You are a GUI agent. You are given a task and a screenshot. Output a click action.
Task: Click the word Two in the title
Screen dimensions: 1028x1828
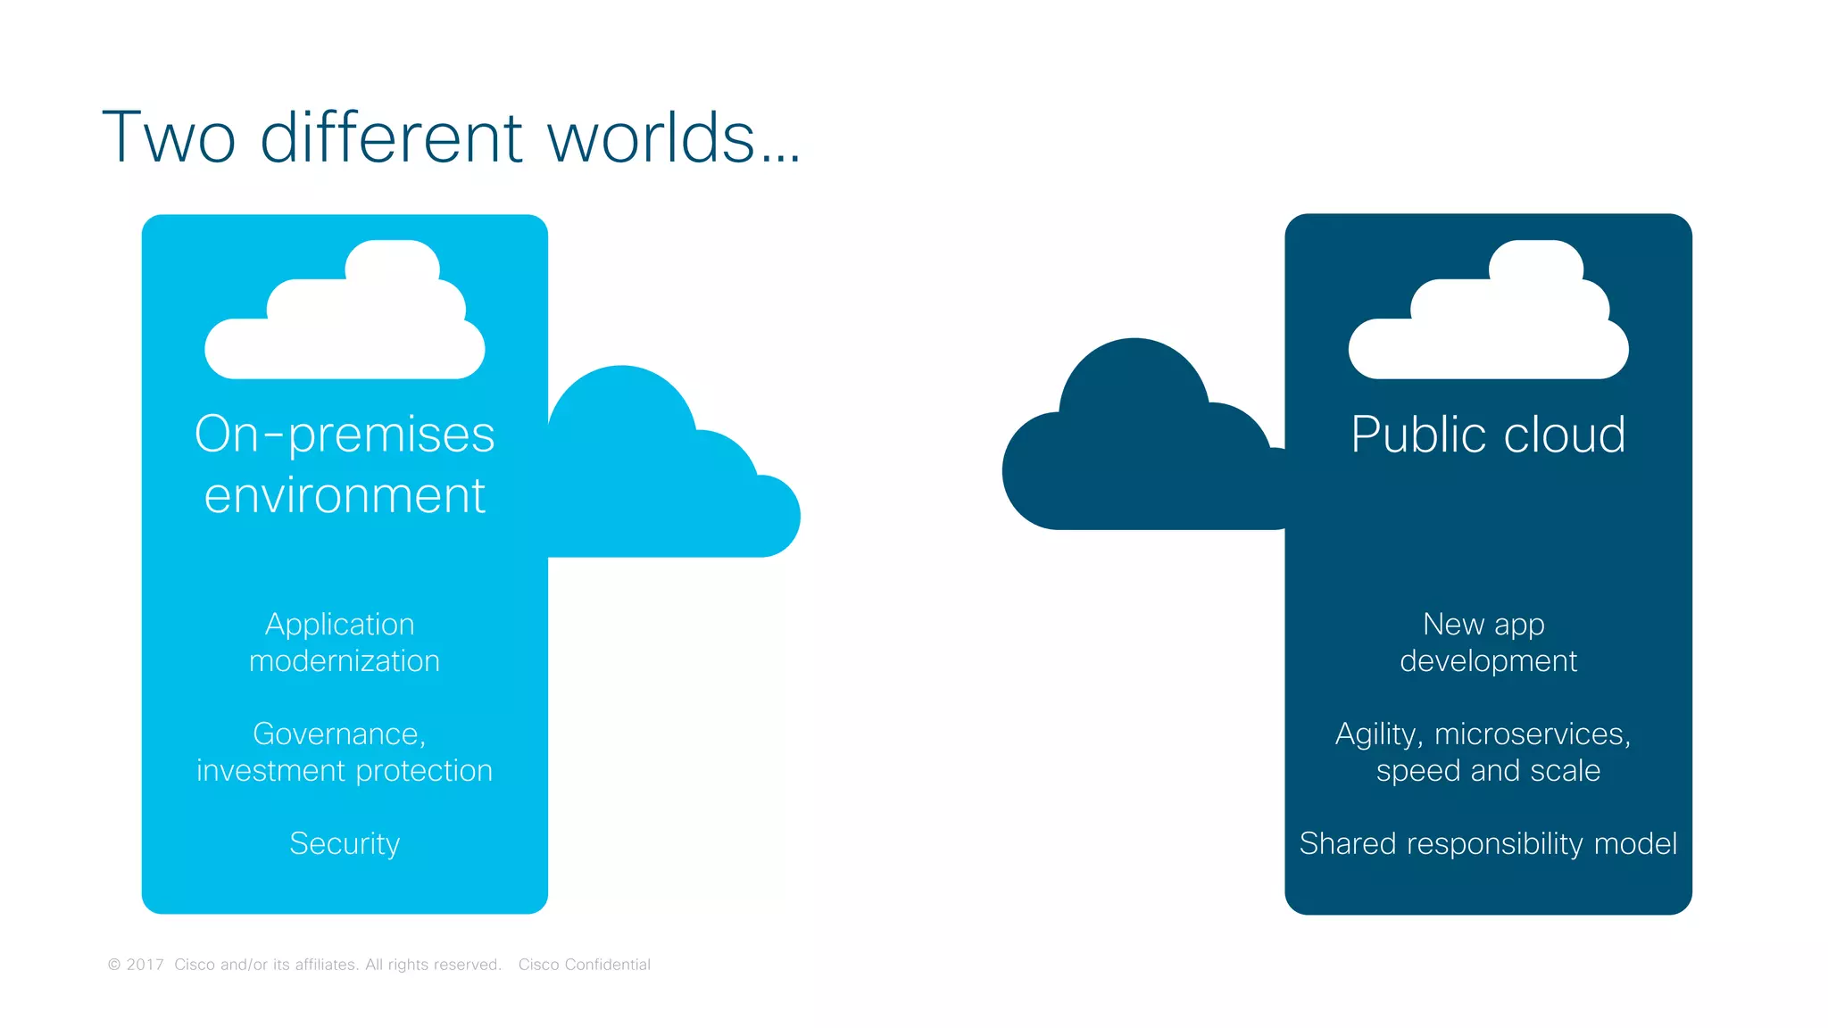coord(169,138)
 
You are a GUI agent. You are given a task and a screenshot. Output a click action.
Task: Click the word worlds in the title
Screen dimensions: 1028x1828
coord(651,138)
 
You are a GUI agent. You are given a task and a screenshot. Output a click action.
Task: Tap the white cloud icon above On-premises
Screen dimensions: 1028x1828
coord(345,317)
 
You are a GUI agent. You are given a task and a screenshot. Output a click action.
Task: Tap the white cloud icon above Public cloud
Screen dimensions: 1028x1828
coord(1488,317)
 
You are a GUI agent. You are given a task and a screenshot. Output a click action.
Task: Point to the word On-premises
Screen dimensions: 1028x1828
coord(345,435)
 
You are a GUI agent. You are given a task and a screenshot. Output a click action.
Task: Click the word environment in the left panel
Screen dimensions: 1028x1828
coord(345,496)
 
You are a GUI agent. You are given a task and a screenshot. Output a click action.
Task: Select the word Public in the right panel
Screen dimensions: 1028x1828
coord(1419,435)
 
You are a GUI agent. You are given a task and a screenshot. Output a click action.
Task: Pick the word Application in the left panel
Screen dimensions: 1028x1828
coord(340,625)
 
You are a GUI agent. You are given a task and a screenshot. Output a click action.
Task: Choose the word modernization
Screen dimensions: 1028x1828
coord(345,661)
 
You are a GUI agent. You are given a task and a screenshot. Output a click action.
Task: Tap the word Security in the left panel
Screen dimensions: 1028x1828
coord(345,844)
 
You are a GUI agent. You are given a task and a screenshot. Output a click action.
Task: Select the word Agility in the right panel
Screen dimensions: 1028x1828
coord(1377,734)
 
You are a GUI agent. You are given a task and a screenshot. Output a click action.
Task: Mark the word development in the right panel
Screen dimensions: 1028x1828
coord(1488,661)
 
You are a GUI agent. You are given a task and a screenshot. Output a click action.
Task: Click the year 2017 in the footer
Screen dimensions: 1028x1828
coord(145,965)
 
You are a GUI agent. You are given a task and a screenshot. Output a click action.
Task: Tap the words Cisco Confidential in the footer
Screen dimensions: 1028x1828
coord(585,965)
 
